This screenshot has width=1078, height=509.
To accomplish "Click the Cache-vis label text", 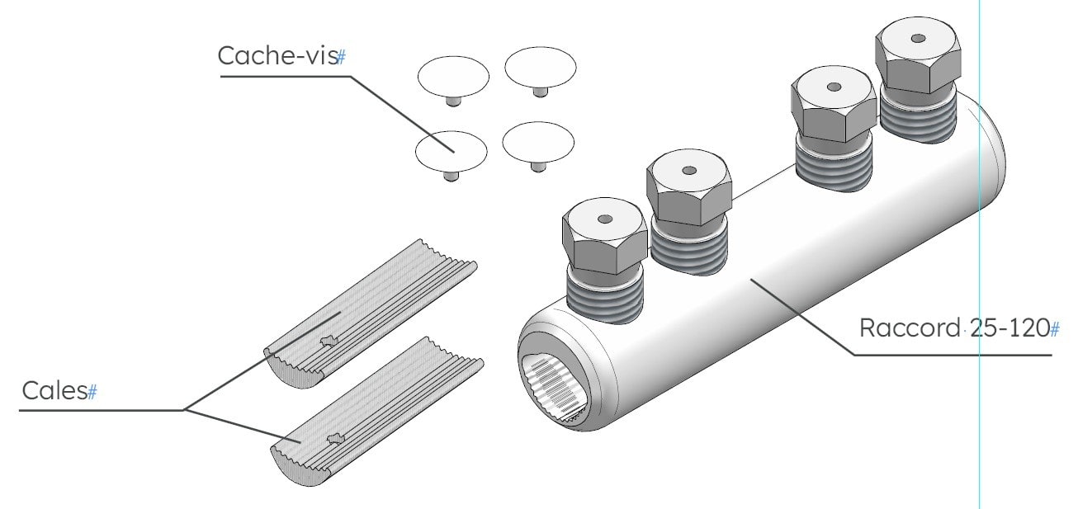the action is tap(277, 55).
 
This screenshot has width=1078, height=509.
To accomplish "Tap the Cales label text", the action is tap(54, 390).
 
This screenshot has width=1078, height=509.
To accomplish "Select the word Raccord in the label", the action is tap(910, 328).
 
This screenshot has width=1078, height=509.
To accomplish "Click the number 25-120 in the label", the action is tap(1009, 328).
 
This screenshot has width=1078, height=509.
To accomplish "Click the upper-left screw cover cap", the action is tap(453, 77).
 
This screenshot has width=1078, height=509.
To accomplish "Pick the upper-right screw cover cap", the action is tap(541, 68).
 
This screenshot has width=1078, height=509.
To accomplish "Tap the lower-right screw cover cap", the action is tap(538, 144).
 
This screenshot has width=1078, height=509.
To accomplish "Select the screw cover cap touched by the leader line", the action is tap(452, 152).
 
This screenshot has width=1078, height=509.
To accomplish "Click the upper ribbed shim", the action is tap(371, 313).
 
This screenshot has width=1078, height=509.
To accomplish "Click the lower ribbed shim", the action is tap(377, 411).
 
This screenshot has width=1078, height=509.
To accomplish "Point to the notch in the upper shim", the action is tap(329, 341).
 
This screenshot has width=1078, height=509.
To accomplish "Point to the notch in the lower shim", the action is tap(336, 439).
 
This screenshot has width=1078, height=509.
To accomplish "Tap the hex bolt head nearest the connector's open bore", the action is tap(605, 236).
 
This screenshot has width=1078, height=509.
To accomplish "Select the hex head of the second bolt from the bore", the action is tap(689, 187).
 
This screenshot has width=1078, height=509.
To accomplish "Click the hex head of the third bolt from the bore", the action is tap(834, 104).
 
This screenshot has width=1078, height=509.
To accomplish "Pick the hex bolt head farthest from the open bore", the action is tap(918, 54).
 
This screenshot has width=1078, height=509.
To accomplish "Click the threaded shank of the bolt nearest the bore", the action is tap(605, 295).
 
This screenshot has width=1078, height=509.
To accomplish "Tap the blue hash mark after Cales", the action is tap(92, 392).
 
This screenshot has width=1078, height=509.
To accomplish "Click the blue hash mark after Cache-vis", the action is tap(341, 57).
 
